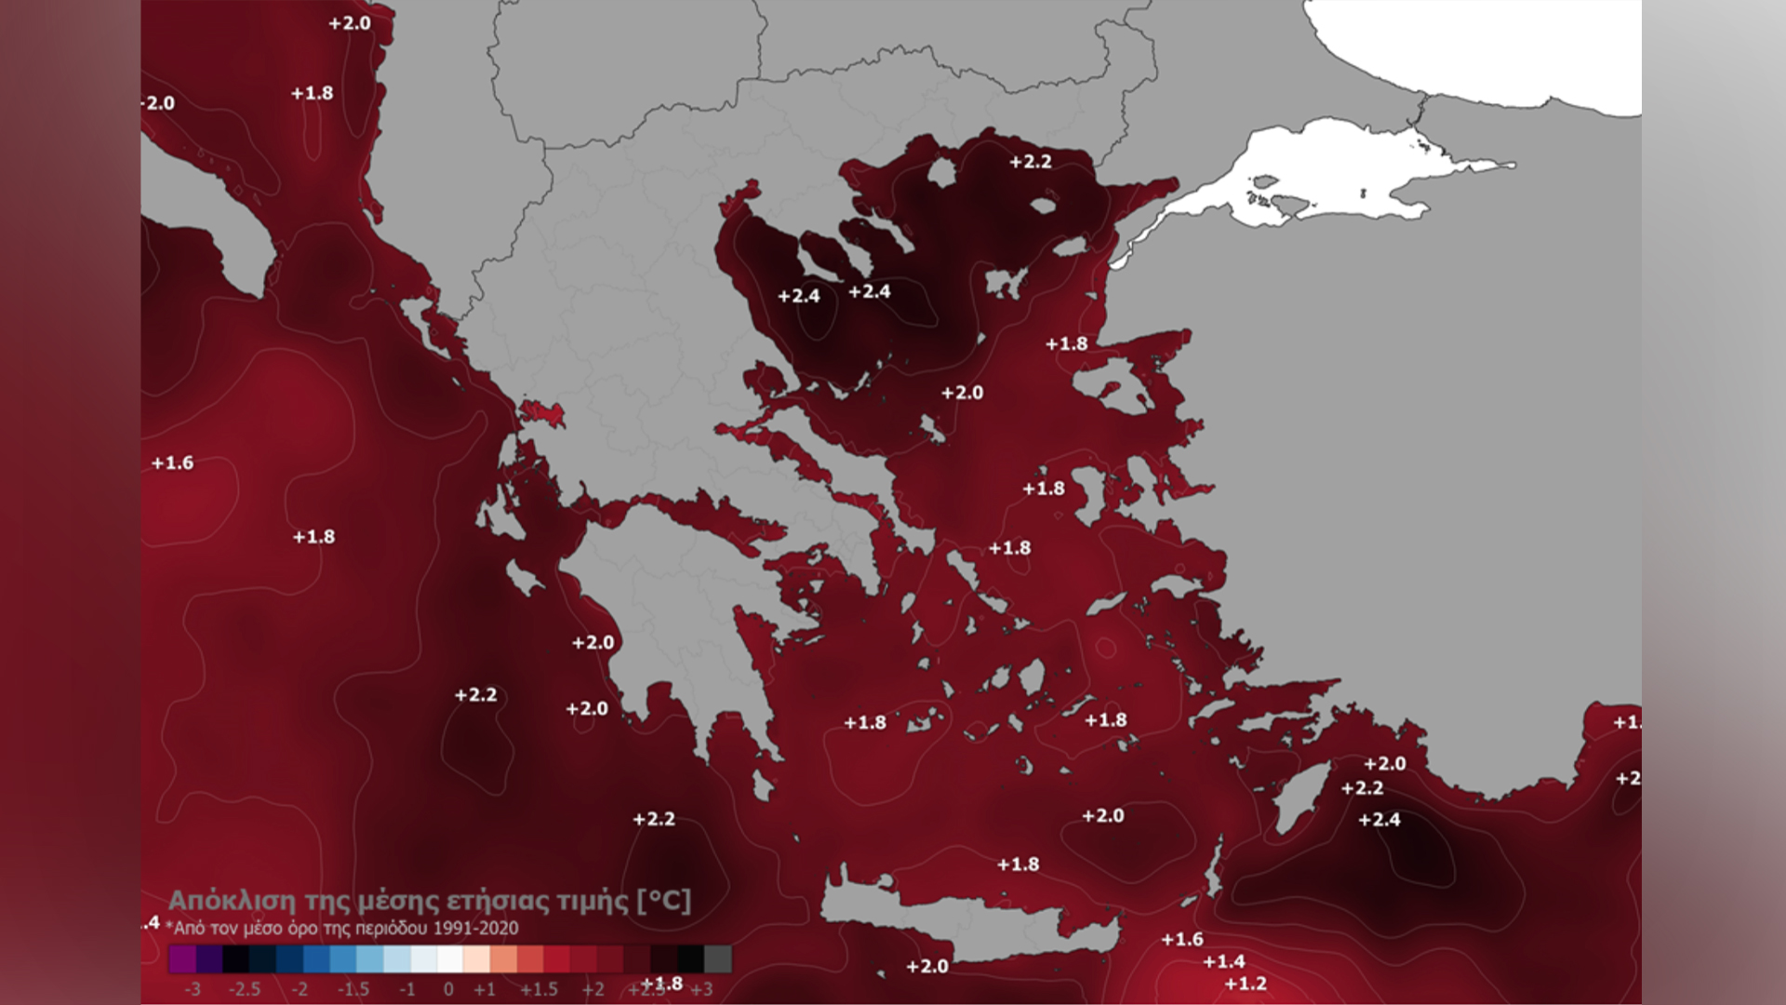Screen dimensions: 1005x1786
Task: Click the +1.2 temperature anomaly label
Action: click(x=1246, y=984)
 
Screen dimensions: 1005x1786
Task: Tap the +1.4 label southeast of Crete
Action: click(x=1224, y=961)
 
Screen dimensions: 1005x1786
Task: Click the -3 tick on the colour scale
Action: click(x=192, y=988)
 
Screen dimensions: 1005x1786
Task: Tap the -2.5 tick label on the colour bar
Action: click(x=245, y=988)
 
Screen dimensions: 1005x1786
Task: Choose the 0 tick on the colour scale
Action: click(x=448, y=988)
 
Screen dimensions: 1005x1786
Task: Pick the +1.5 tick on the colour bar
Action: click(x=539, y=988)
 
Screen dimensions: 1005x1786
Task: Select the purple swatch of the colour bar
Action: click(x=182, y=959)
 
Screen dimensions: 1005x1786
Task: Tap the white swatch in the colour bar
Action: click(x=450, y=959)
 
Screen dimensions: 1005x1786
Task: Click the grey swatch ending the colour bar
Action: click(x=718, y=959)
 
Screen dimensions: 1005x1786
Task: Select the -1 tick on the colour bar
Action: click(x=407, y=988)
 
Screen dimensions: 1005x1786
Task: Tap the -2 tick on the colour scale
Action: click(x=299, y=988)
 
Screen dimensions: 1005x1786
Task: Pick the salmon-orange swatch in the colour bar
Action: click(x=504, y=959)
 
